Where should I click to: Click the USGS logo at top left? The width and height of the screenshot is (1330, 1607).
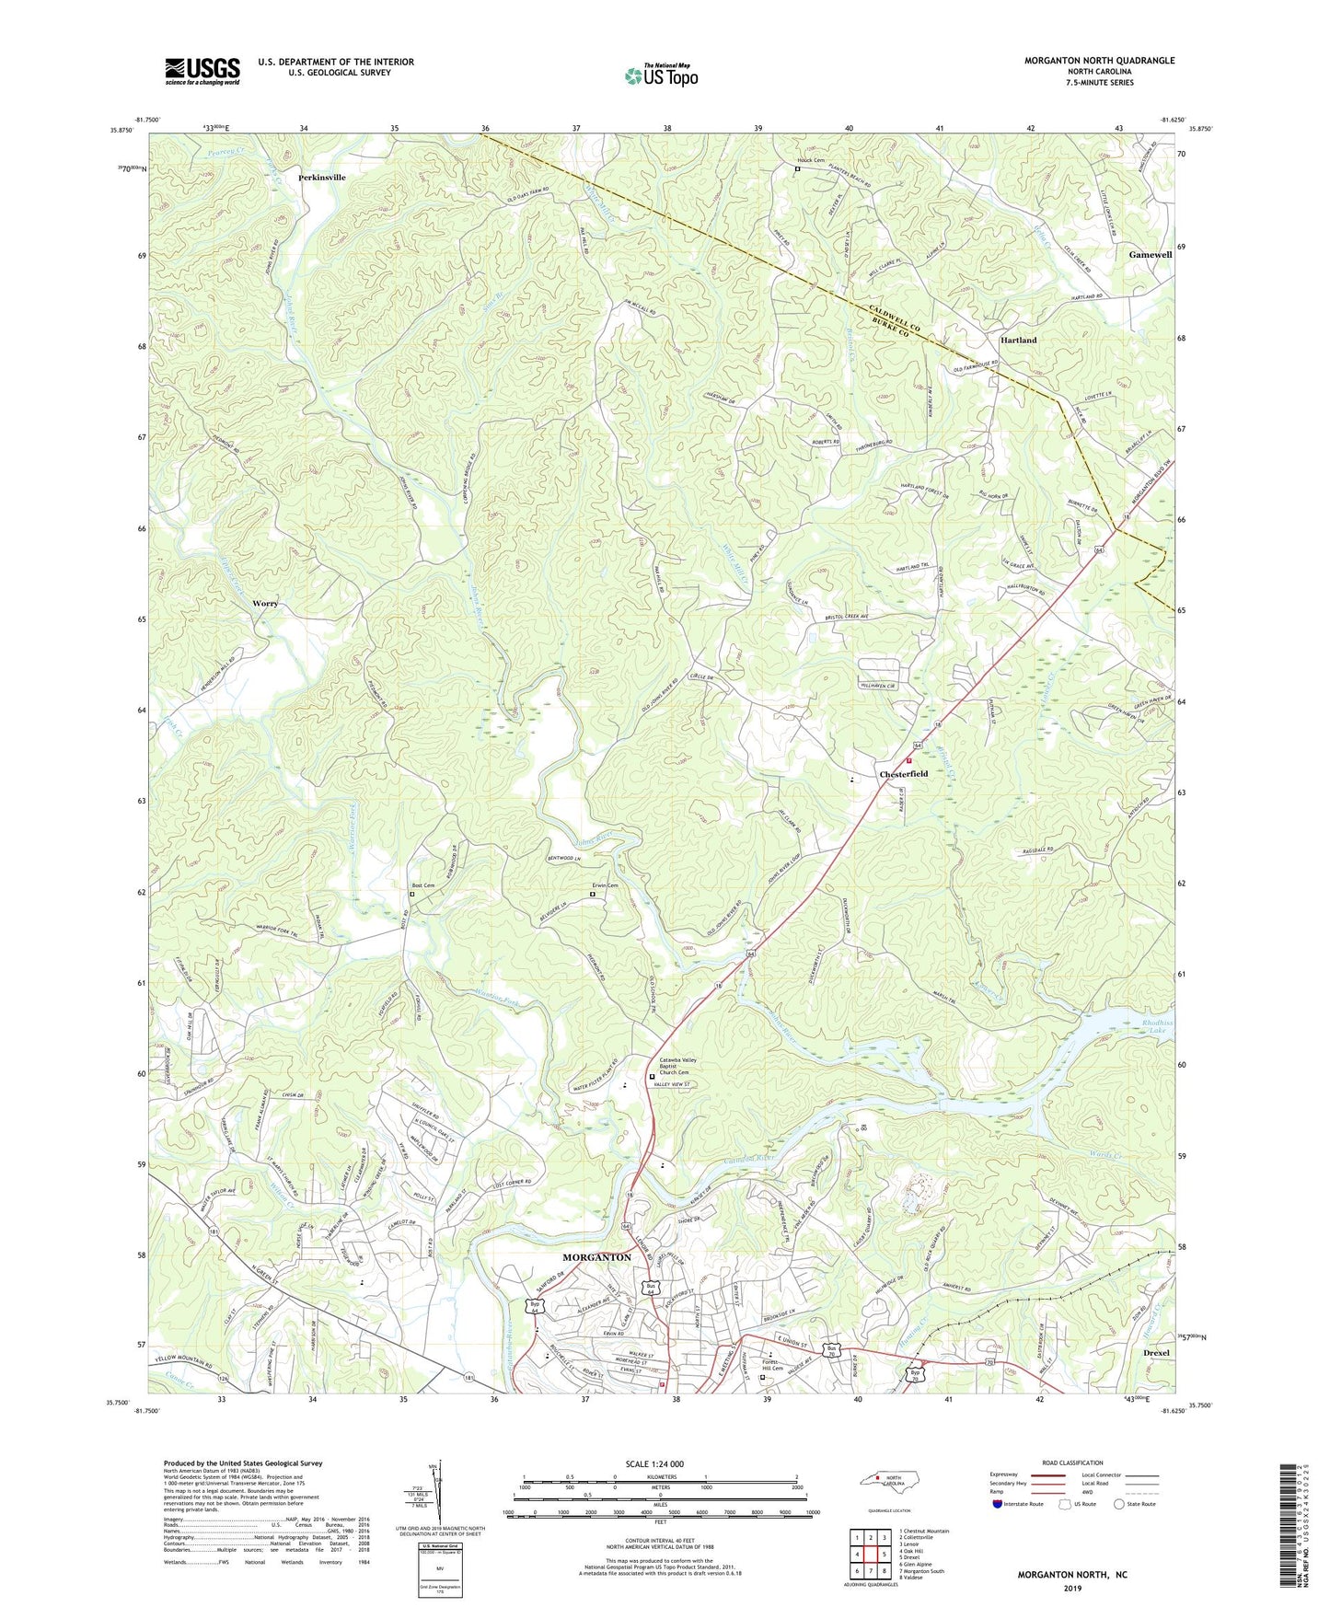[202, 71]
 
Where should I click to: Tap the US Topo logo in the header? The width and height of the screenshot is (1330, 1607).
[660, 75]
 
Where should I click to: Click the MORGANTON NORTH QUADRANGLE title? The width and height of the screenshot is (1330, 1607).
[1099, 61]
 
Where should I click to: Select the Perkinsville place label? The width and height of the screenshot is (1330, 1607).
[322, 177]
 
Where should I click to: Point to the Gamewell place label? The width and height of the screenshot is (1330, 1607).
[1150, 254]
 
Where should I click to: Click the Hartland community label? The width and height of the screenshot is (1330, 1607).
[1018, 340]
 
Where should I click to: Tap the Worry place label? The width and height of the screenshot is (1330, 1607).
[265, 604]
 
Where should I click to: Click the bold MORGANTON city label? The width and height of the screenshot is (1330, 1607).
[596, 1257]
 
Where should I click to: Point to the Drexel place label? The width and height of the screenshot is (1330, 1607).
[1155, 1353]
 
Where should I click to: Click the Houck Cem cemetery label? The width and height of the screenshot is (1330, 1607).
[810, 160]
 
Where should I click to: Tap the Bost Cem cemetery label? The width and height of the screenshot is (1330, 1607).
[422, 885]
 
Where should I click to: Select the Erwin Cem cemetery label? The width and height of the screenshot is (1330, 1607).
[604, 885]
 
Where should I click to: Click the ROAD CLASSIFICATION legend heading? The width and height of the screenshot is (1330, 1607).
[1072, 1462]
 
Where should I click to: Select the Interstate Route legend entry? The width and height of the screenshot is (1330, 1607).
[1023, 1504]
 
